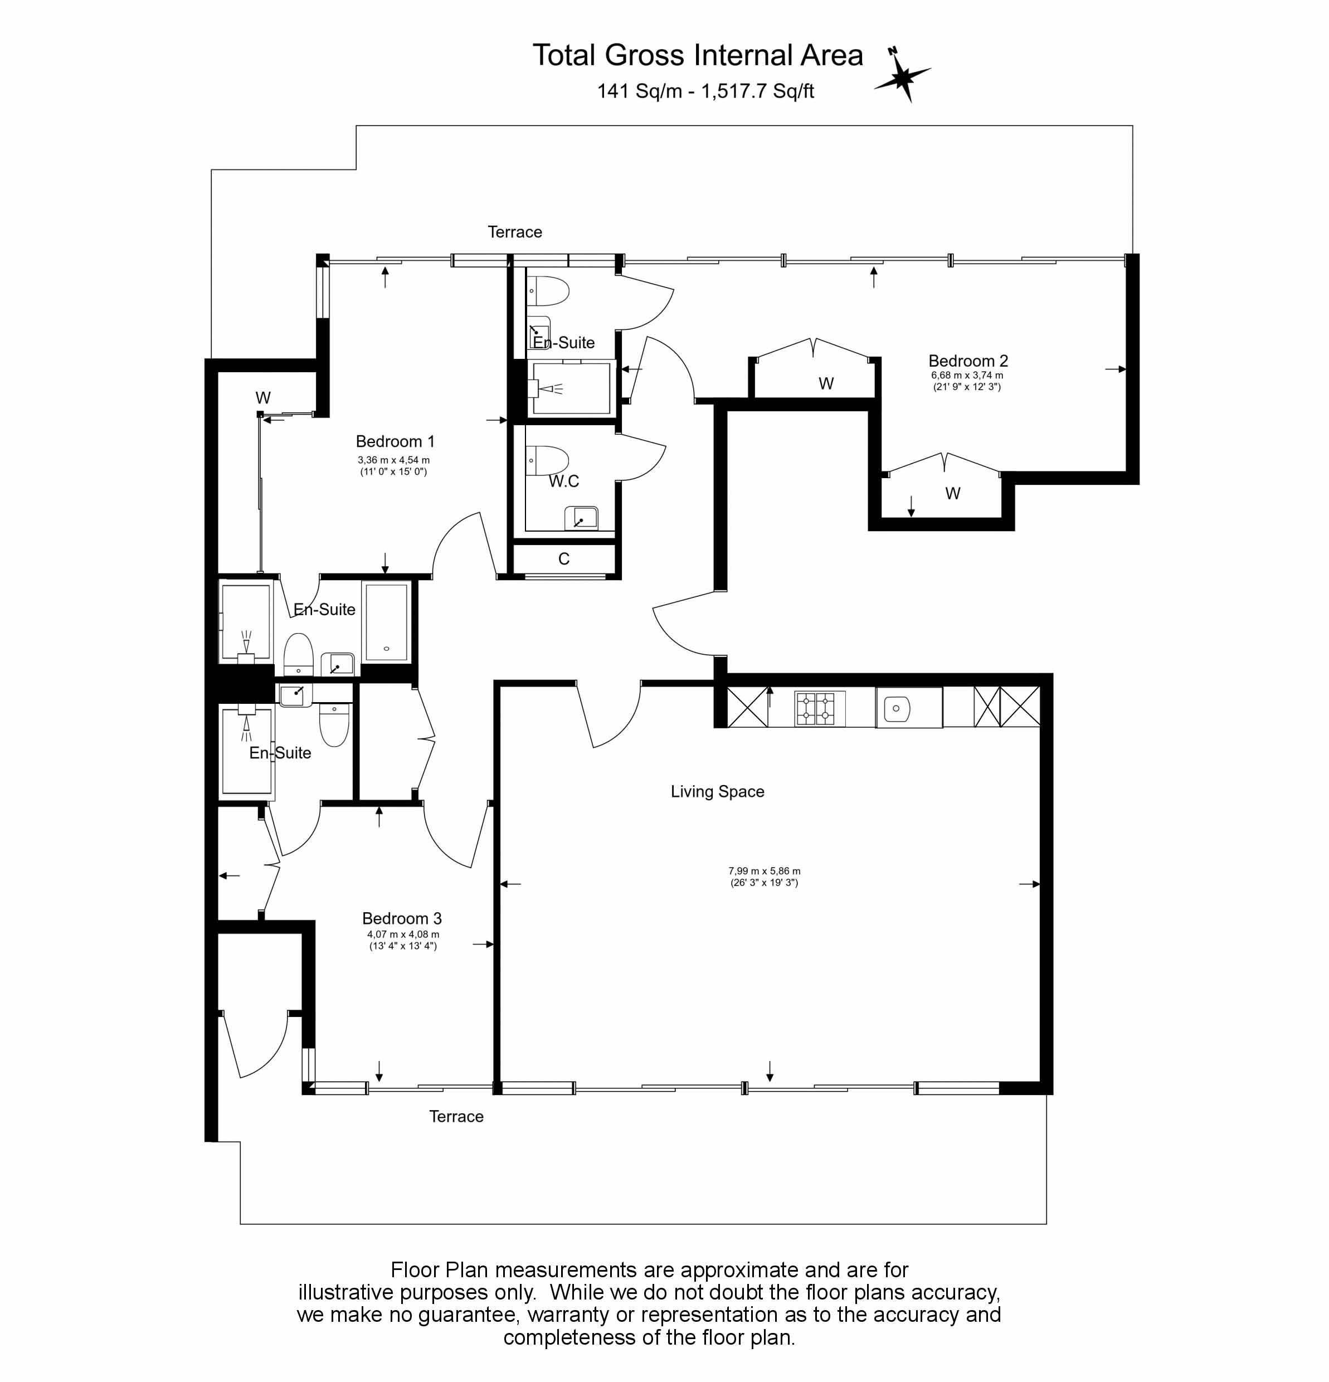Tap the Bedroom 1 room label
pos(395,441)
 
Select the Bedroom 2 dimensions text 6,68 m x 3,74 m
pos(967,375)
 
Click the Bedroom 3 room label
pos(402,918)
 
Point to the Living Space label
pos(717,791)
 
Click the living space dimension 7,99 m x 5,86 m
pos(765,871)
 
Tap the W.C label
pos(564,481)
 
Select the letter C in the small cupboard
pos(563,559)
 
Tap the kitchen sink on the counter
pos(895,708)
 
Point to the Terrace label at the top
pos(515,232)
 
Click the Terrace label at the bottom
pos(456,1116)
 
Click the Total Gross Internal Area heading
pos(697,55)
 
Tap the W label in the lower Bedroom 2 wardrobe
pos(952,494)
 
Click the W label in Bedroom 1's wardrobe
pos(263,398)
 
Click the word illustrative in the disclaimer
pos(344,1292)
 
